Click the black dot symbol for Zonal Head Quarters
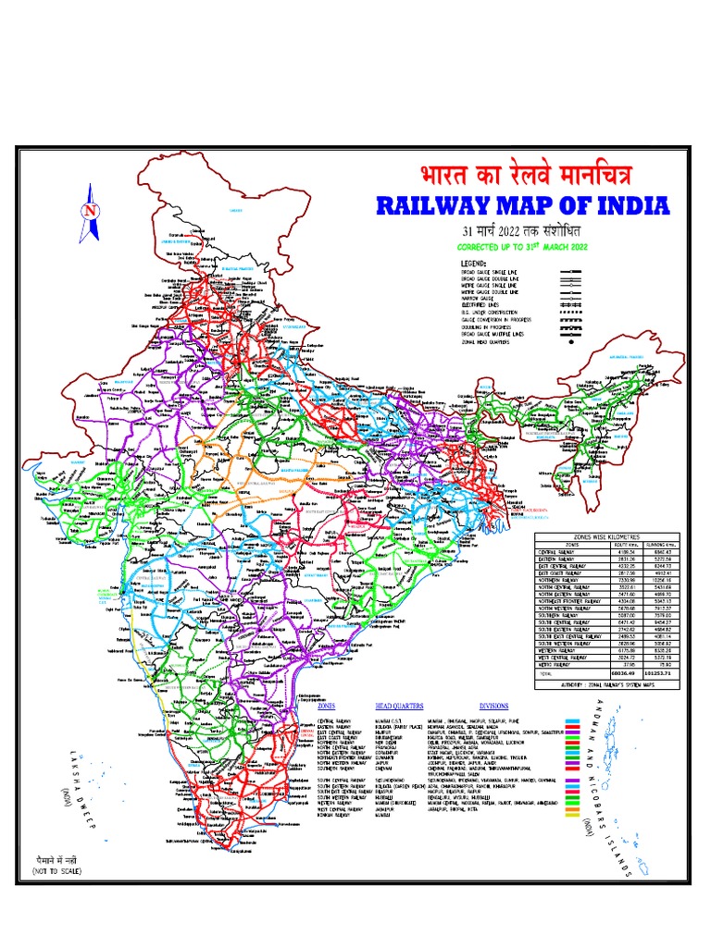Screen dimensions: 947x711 (x=576, y=341)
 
